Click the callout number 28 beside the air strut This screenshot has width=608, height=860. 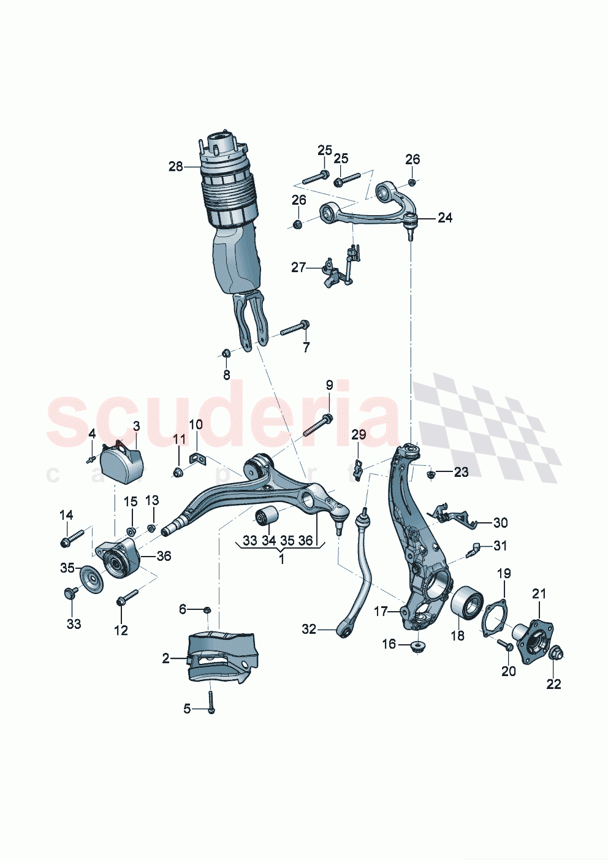tap(175, 166)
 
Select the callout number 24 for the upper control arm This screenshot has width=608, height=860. tap(445, 218)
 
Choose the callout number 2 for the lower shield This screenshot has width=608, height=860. tap(165, 658)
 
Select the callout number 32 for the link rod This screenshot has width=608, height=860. tap(309, 629)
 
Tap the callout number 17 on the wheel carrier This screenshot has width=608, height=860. tap(381, 611)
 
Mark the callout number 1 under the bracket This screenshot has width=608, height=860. tap(281, 559)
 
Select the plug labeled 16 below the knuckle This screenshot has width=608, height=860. tap(419, 646)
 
